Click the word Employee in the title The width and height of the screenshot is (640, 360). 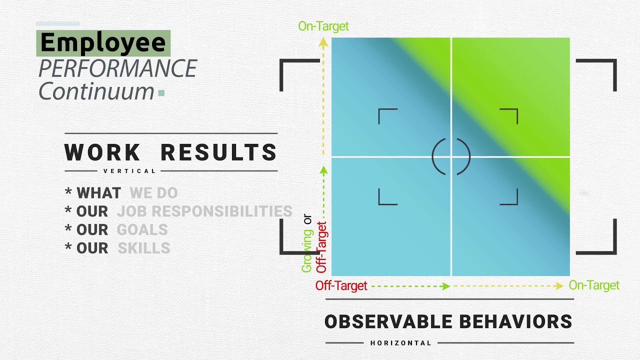pos(103,43)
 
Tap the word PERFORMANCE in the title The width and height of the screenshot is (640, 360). pos(118,68)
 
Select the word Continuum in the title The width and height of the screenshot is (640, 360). pos(96,91)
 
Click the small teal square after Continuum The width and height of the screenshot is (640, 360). pos(161,92)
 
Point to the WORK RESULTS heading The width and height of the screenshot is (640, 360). pos(171,152)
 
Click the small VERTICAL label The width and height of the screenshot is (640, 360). pos(130,171)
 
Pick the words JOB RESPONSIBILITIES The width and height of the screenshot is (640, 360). pos(204,211)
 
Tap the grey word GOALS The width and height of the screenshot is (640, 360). pos(142,230)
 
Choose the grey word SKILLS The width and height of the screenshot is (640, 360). pos(144,248)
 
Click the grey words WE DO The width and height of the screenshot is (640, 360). pos(153,193)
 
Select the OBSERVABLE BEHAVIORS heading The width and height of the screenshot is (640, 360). pos(448,321)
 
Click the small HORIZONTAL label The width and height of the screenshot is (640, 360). pos(401,343)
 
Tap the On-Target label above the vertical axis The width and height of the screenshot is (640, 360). pos(323,26)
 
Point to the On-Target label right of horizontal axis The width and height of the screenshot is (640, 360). pos(594,285)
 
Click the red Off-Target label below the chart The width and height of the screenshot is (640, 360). pos(341,286)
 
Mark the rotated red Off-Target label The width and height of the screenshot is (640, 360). pos(321,247)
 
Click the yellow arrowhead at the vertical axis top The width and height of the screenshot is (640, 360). pos(323,43)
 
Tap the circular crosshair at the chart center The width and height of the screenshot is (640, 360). pos(451,157)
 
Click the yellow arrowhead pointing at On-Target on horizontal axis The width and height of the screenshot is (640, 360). pos(559,286)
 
